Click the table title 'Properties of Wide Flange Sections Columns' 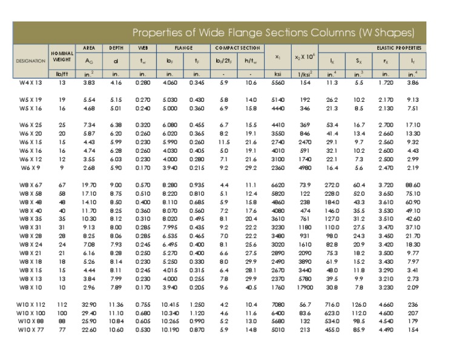(x=273, y=32)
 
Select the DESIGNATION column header (x=31, y=61)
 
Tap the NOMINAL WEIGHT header (x=62, y=56)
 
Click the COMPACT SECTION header (x=237, y=47)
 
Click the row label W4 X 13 (x=31, y=82)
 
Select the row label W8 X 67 (x=31, y=184)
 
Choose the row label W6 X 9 (x=31, y=167)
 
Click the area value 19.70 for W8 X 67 (x=89, y=184)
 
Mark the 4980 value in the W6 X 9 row (x=305, y=167)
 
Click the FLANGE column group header (x=183, y=47)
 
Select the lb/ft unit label (x=62, y=74)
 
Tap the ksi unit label (x=278, y=74)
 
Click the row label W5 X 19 (x=31, y=99)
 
